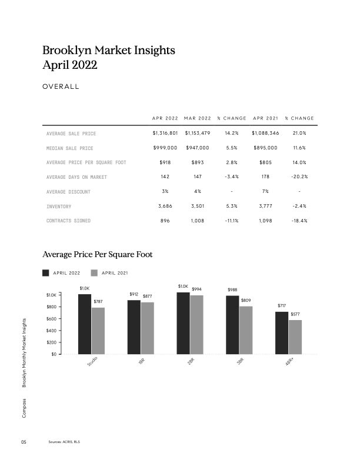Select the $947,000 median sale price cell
tap(197, 148)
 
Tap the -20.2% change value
tap(299, 177)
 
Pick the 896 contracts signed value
tap(165, 220)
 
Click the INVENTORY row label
tap(59, 206)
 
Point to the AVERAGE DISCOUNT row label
tap(68, 191)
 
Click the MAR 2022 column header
tap(197, 119)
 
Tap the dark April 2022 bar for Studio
tap(84, 324)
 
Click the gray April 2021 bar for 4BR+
tap(295, 337)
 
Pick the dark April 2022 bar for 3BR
tap(232, 325)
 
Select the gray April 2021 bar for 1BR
tap(147, 328)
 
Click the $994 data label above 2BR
tap(196, 289)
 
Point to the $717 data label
tap(282, 306)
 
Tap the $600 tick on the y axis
tap(51, 318)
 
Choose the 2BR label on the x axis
tap(191, 363)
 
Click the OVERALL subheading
tap(61, 87)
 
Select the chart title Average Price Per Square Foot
tap(98, 255)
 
